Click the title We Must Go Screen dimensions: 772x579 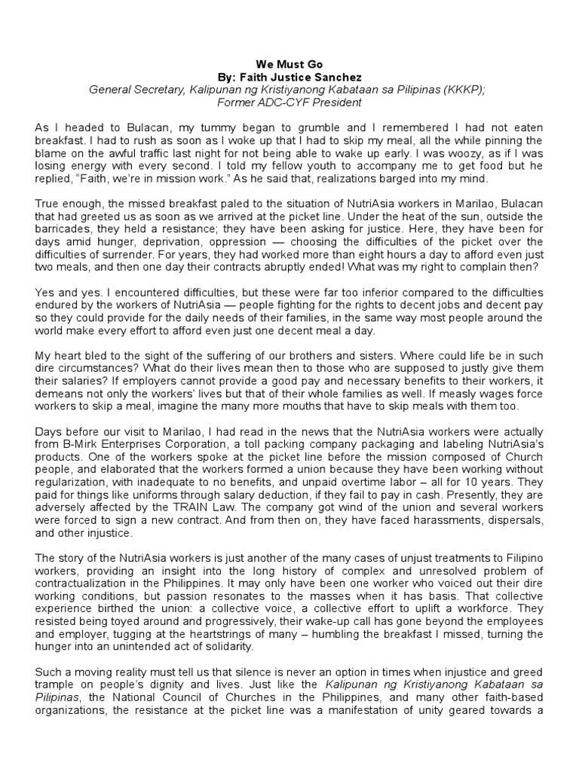(x=289, y=65)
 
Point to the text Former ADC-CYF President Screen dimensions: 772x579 (x=289, y=102)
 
